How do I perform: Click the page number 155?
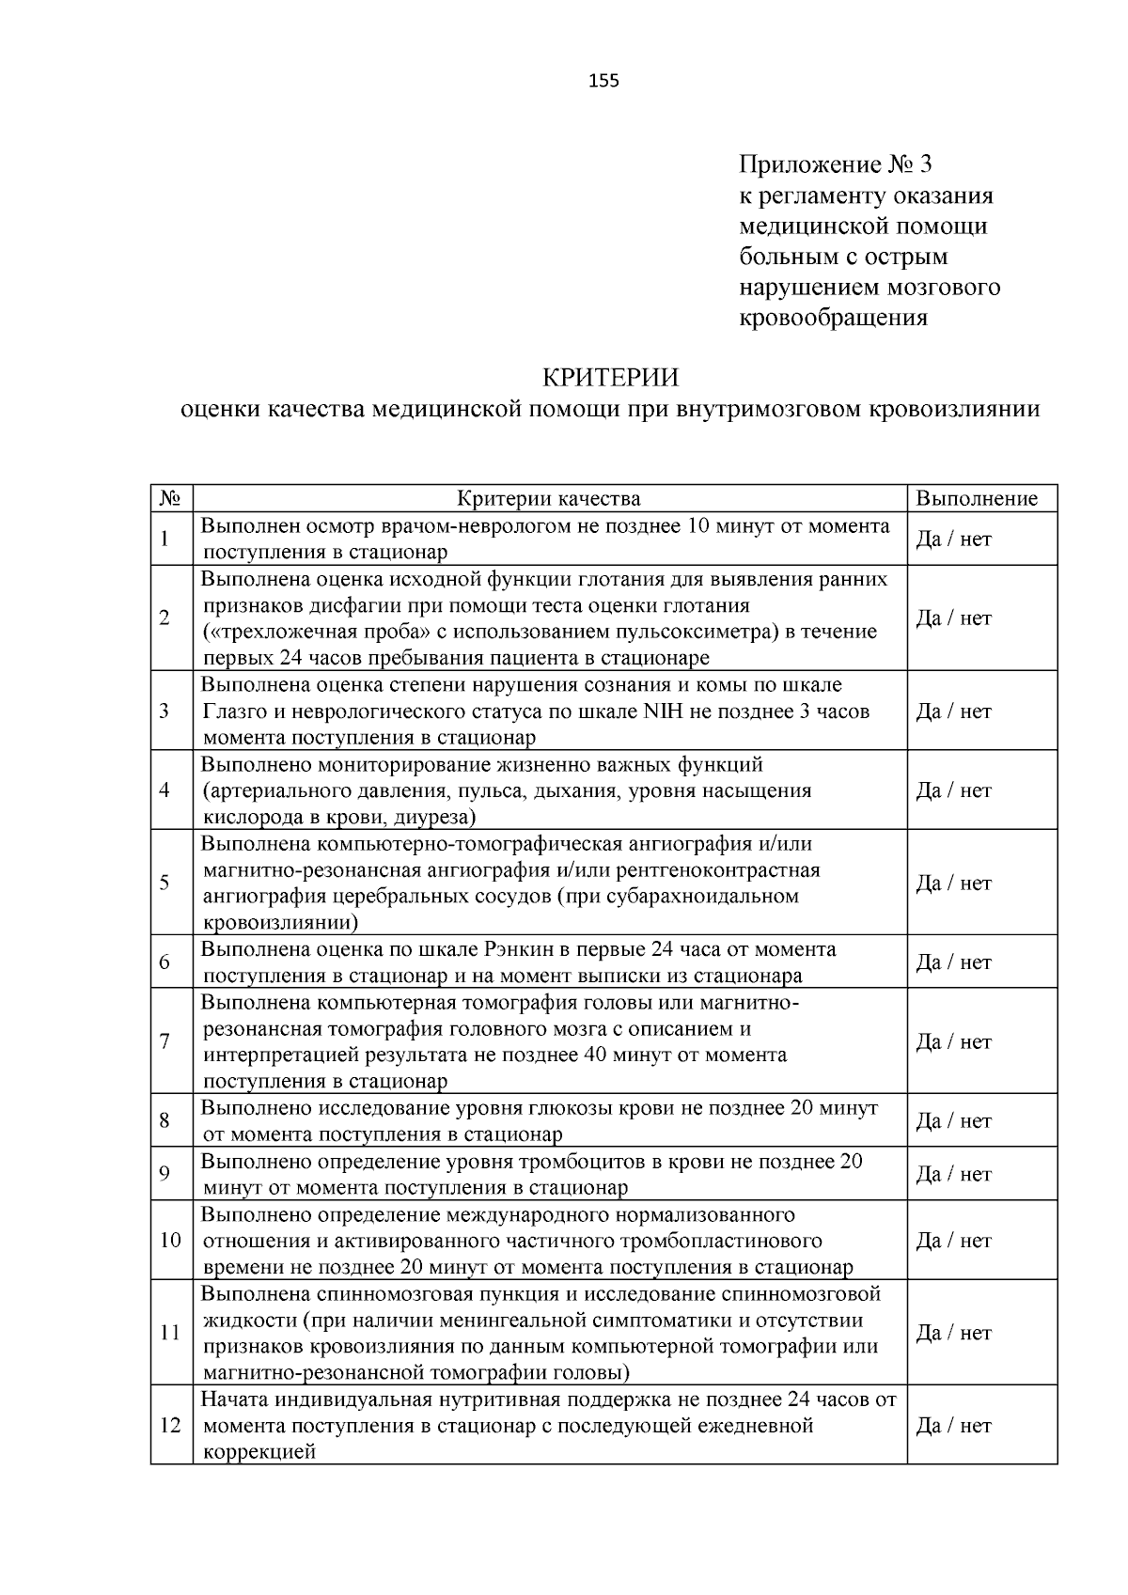coord(603,81)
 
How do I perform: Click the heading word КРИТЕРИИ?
coord(610,378)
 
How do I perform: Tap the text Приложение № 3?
coord(835,165)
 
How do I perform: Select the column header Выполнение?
coord(977,499)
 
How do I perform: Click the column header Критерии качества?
coord(549,499)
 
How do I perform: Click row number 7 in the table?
coord(164,1041)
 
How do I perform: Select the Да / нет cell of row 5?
coord(954,883)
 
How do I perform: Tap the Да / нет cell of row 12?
coord(954,1426)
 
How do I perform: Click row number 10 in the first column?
coord(170,1241)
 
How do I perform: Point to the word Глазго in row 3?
coord(236,711)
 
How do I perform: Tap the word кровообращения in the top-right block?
coord(833,318)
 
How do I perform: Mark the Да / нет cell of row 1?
coord(954,539)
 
